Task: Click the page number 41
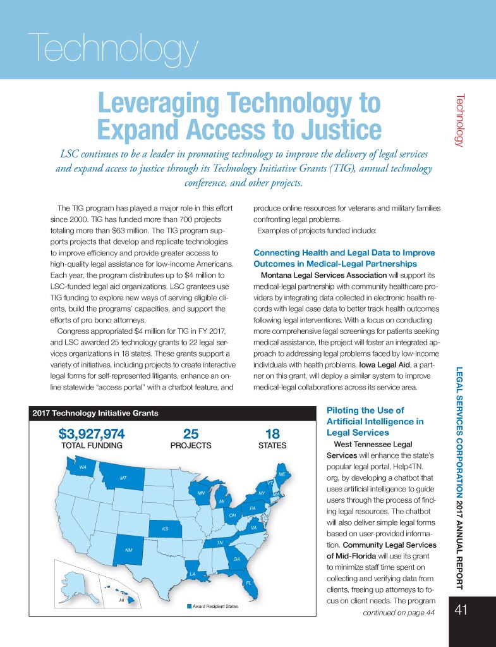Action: click(x=460, y=612)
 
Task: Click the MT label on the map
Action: click(x=123, y=478)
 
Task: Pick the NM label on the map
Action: click(x=128, y=550)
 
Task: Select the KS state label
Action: click(x=165, y=528)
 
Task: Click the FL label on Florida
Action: click(x=249, y=582)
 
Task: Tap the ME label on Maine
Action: click(x=282, y=474)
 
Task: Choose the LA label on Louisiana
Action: click(x=193, y=573)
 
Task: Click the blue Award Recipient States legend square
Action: click(x=188, y=607)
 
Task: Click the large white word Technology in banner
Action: click(x=114, y=49)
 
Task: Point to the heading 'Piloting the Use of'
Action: click(x=363, y=410)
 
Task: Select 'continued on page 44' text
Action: click(x=399, y=612)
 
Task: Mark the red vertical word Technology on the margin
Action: click(x=460, y=120)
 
